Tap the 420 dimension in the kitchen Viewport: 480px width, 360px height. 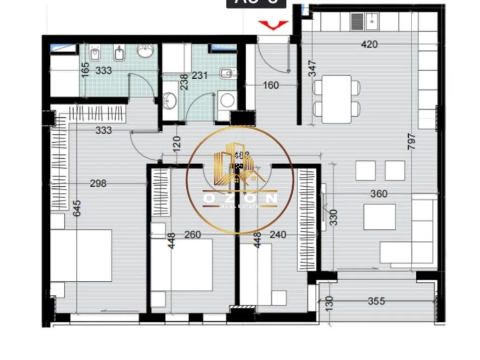[369, 44]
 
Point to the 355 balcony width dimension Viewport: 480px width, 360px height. [376, 301]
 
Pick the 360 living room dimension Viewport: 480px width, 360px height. [378, 194]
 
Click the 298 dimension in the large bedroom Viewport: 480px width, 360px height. [98, 183]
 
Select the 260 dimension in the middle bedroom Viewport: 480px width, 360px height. [193, 234]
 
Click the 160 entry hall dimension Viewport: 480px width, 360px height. [271, 85]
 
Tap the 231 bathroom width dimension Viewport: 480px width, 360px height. [200, 76]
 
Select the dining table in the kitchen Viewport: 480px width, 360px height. [337, 99]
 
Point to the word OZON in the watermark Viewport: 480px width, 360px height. [240, 198]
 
